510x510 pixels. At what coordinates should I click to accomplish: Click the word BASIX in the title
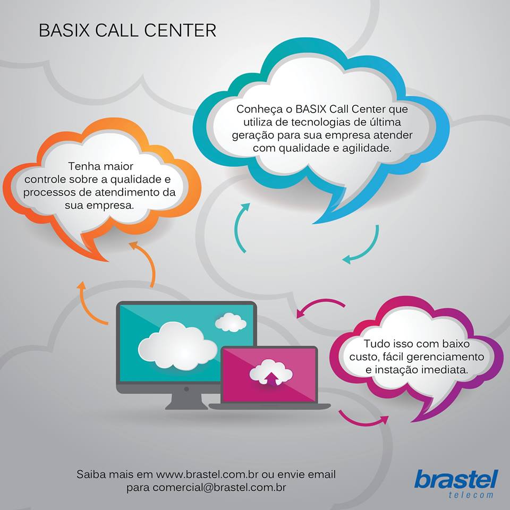click(x=64, y=30)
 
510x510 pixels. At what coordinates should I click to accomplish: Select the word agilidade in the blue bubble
click(x=367, y=149)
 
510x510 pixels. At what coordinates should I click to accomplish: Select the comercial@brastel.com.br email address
click(x=219, y=488)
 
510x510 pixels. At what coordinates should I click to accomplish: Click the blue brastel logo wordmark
click(x=456, y=479)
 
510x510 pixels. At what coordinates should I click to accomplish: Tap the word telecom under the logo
click(x=471, y=495)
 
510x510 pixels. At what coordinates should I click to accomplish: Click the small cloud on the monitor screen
click(x=231, y=322)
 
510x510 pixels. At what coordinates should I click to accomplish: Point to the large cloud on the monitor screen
click(x=177, y=346)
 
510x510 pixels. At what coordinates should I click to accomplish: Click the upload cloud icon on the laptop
click(x=270, y=373)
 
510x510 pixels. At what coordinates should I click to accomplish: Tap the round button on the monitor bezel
click(x=186, y=389)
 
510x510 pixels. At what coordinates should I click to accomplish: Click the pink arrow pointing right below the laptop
click(x=363, y=419)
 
